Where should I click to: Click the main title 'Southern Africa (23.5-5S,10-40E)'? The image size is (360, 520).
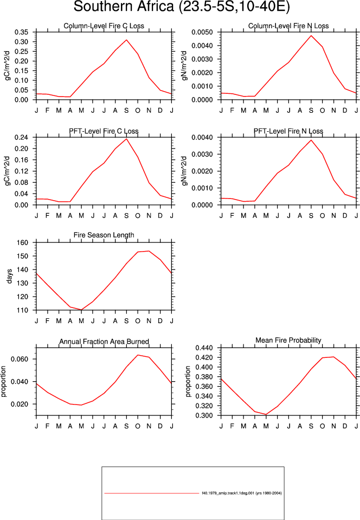182,7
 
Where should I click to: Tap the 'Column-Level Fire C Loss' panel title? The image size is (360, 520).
104,26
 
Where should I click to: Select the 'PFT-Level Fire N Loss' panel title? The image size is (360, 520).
288,131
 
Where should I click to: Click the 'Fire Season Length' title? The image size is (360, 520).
104,235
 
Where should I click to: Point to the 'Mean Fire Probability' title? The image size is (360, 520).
288,341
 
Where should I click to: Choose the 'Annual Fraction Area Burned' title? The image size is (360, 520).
104,342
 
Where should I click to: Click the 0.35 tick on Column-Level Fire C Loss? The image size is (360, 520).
21,32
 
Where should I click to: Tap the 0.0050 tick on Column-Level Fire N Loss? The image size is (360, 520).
202,32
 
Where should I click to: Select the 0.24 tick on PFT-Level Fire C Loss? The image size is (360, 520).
21,137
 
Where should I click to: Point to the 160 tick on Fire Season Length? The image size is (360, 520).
23,242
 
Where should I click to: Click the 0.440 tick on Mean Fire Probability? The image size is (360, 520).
204,348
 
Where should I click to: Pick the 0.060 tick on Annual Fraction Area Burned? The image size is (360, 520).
20,359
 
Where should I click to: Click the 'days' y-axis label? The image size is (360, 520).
9,276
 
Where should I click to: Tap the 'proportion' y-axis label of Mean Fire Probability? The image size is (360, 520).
188,381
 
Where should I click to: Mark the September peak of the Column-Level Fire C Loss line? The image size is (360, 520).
126,40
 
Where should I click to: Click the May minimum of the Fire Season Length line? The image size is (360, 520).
81,310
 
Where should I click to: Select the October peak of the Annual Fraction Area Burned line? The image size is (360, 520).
138,355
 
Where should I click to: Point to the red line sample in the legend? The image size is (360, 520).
151,493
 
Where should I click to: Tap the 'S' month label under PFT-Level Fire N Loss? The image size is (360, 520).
311,216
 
